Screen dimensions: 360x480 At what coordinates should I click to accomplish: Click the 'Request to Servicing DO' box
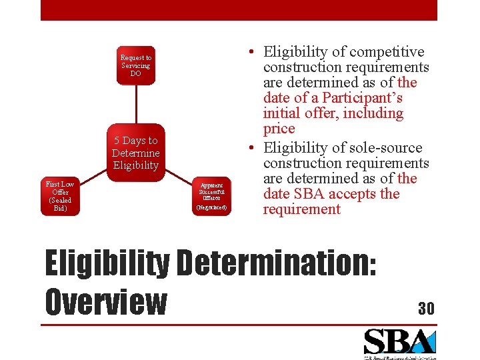point(135,65)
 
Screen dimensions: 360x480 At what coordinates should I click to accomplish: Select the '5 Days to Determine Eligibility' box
point(135,153)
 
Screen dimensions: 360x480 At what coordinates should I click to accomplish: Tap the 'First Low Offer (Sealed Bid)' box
point(59,196)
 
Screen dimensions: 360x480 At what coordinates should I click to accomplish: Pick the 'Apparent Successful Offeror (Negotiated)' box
point(211,196)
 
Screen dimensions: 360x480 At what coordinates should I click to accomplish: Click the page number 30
point(426,308)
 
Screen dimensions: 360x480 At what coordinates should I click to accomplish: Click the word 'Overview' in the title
point(105,301)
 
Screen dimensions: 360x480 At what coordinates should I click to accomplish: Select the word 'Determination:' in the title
point(275,264)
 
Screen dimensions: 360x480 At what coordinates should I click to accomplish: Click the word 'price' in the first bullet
point(279,128)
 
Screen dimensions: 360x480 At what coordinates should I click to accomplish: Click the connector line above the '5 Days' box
point(135,104)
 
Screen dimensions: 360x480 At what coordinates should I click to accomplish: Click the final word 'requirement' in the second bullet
point(301,209)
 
